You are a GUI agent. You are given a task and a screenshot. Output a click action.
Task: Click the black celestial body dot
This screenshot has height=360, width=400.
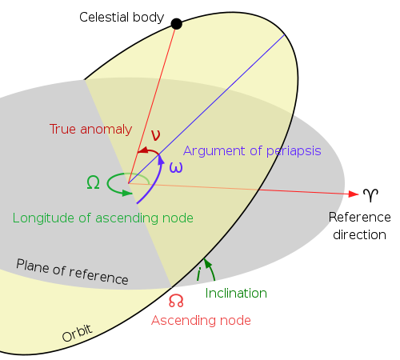[x=177, y=24]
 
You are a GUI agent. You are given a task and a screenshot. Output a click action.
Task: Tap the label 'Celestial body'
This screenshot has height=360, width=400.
[x=122, y=17]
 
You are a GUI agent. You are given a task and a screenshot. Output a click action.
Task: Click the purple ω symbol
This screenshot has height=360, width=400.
[x=176, y=167]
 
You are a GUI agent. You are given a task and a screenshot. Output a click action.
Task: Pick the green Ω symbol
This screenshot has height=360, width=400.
[x=93, y=182]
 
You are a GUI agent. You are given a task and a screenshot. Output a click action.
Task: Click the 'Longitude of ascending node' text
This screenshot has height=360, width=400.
[x=103, y=217]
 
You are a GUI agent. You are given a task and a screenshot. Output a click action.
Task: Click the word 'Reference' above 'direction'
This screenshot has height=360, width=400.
[x=359, y=218]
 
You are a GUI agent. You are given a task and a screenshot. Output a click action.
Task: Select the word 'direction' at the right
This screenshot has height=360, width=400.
[x=359, y=234]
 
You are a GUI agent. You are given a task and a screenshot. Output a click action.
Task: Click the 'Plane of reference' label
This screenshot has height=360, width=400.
[x=72, y=272]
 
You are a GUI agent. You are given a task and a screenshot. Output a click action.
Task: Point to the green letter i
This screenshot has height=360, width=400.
[x=198, y=274]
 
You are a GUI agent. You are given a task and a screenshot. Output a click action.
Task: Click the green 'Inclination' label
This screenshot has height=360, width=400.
[x=236, y=294]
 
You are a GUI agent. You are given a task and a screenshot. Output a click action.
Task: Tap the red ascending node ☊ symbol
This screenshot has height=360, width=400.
[x=176, y=301]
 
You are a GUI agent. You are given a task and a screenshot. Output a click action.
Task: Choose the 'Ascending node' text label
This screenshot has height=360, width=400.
[x=202, y=320]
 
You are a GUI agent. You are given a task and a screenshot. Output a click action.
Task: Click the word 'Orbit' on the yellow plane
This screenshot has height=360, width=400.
[x=78, y=332]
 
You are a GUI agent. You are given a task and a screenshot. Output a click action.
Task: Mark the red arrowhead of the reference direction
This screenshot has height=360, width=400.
[x=352, y=194]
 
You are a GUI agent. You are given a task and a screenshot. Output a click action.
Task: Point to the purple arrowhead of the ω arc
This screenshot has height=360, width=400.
[x=160, y=161]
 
